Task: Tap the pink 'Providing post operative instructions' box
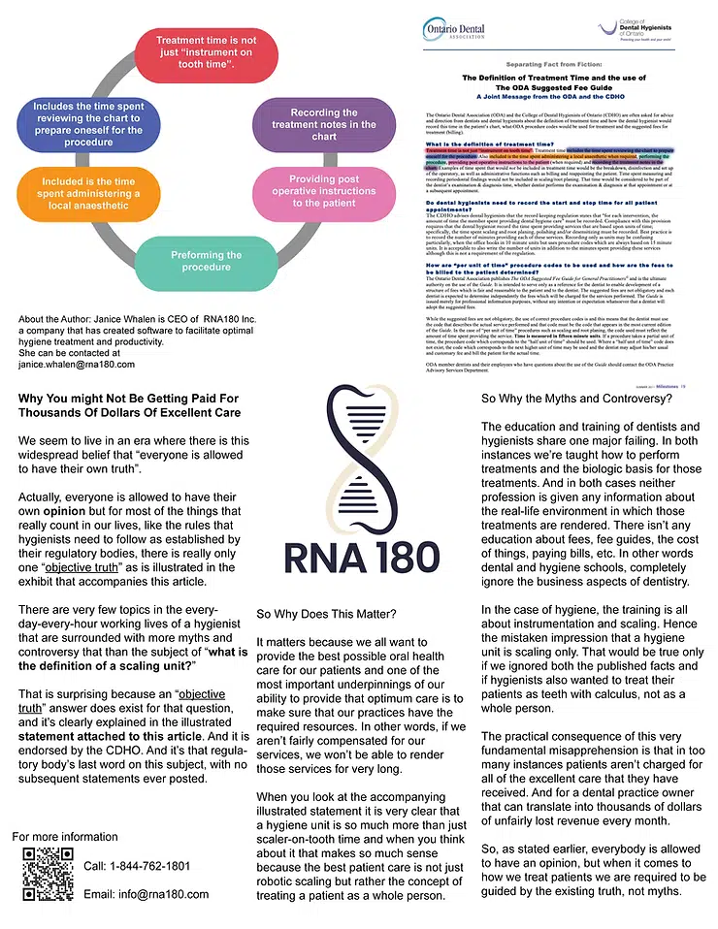323,191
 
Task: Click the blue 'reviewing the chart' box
87,125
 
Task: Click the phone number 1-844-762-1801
137,866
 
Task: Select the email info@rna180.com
146,894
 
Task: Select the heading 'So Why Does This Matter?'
325,615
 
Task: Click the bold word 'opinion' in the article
78,510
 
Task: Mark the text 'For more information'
65,837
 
